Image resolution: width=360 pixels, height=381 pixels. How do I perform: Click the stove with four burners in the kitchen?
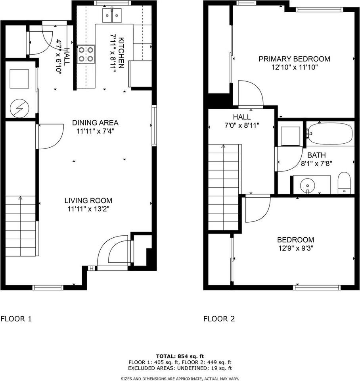(87, 54)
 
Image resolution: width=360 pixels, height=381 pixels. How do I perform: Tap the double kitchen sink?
(112, 16)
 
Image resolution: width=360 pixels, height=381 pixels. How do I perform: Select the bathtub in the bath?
(330, 134)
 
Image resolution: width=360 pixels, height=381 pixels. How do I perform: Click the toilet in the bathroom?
(344, 183)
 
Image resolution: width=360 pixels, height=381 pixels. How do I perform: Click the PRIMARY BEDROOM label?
(294, 59)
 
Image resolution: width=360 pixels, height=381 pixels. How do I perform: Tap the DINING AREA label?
(95, 123)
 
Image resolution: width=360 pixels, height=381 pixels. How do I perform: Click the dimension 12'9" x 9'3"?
(295, 248)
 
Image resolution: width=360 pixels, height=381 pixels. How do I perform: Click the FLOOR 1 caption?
(16, 319)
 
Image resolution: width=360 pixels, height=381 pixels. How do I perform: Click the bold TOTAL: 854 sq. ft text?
(180, 356)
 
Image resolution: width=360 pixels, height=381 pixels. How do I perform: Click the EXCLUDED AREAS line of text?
(180, 368)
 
